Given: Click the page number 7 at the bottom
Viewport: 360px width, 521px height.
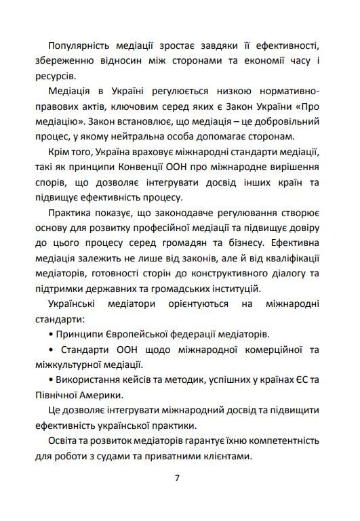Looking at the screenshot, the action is click(177, 478).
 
